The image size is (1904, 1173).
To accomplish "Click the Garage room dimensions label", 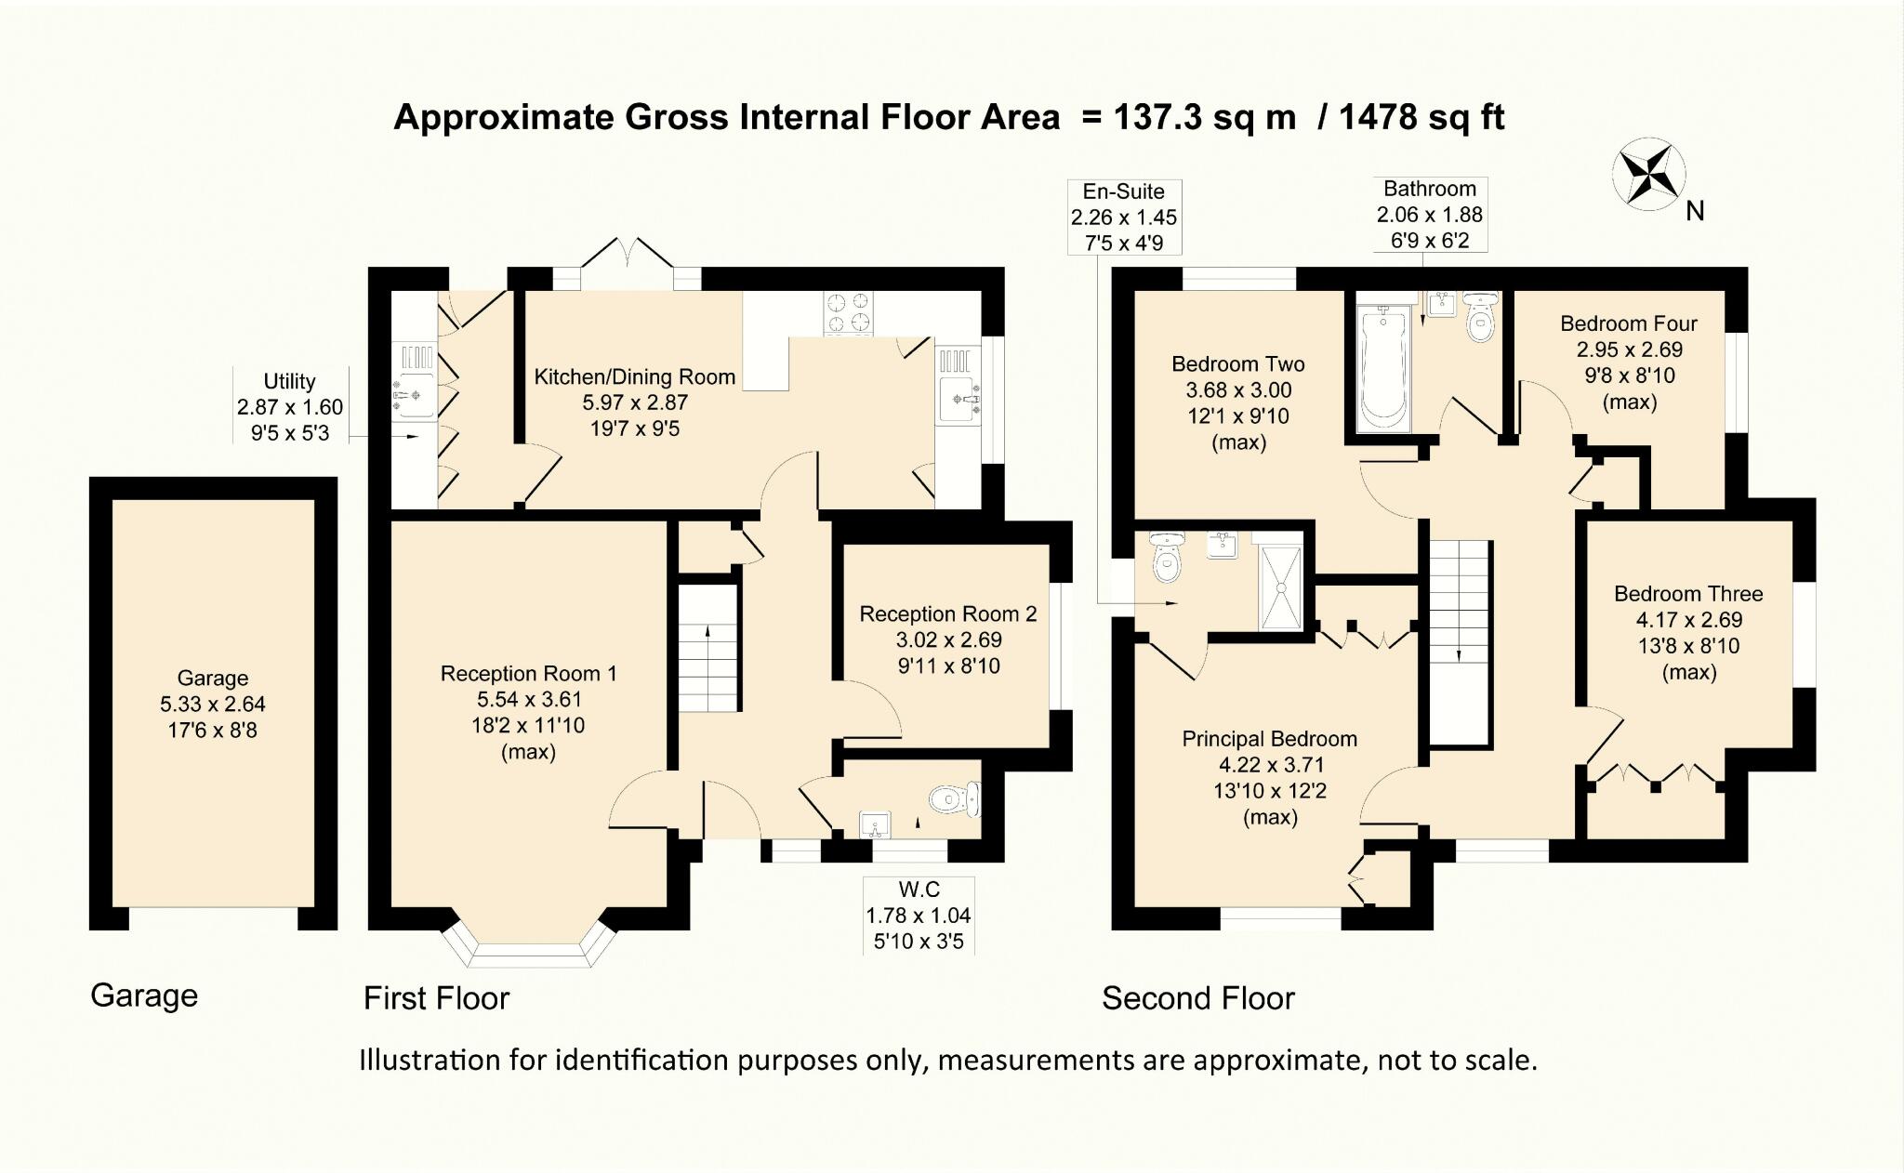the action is point(213,718).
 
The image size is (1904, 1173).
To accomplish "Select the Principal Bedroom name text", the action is point(1269,739).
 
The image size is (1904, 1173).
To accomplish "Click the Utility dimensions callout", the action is point(290,407).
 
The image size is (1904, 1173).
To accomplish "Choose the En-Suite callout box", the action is point(1124,217).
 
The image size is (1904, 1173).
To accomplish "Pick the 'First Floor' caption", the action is point(436,998).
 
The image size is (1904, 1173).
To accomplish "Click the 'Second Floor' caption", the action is point(1198,998).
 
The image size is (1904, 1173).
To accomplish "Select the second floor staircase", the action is point(1460,642).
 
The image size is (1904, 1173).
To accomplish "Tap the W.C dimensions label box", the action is point(919,916).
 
